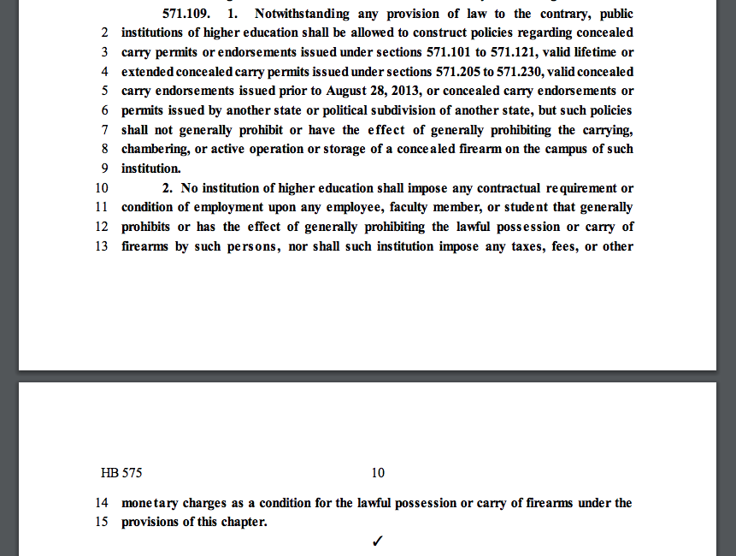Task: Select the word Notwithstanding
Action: [x=307, y=14]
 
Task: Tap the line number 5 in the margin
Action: [x=104, y=91]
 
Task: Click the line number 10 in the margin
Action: [x=102, y=188]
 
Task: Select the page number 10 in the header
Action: [x=378, y=473]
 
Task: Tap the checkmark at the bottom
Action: [x=378, y=541]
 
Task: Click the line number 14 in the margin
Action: [x=102, y=503]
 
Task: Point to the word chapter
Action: [x=242, y=522]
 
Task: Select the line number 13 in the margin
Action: [x=102, y=246]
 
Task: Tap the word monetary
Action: [x=150, y=503]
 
